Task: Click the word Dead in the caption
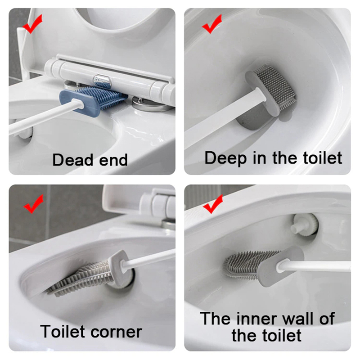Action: point(73,160)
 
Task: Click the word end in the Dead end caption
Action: point(113,160)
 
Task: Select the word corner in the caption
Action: point(117,332)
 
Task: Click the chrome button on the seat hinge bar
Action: point(102,81)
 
